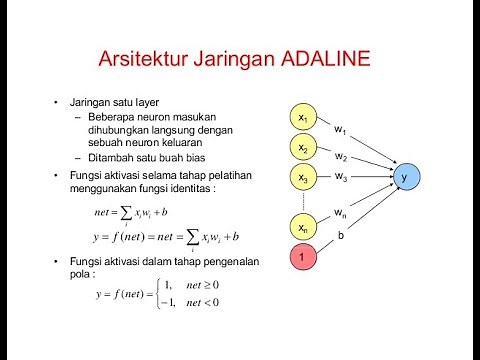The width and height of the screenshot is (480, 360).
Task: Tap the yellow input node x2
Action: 303,148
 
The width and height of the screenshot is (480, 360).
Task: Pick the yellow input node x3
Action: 303,177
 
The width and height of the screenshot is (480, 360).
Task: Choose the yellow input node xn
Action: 303,229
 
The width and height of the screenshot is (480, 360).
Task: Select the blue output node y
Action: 405,177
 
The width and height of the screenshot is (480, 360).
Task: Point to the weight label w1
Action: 341,131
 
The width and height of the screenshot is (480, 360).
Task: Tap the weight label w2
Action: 341,157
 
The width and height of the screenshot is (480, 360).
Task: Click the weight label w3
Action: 341,178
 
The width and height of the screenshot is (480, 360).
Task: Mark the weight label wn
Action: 341,212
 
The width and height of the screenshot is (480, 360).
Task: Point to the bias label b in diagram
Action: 341,236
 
